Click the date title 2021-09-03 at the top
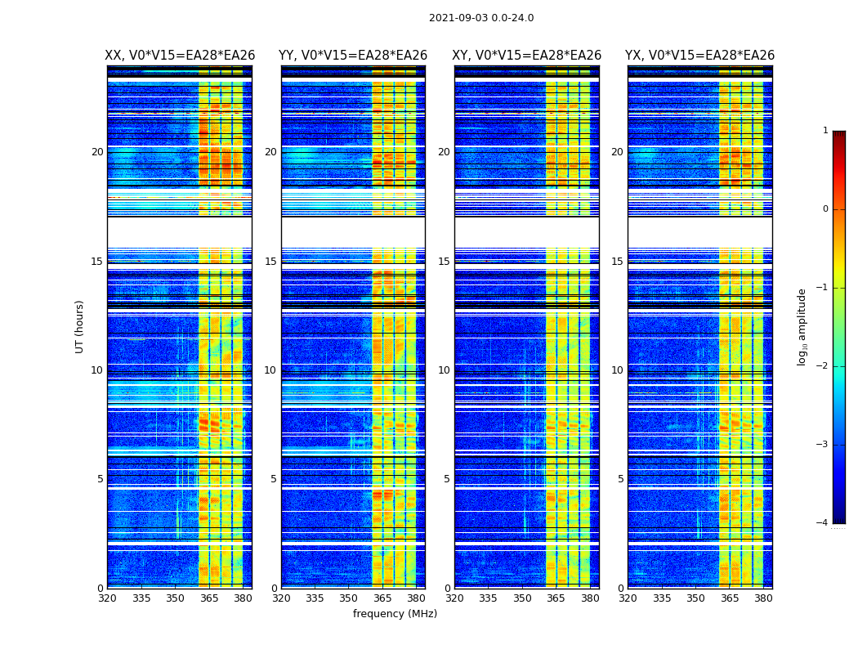[481, 18]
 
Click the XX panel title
[180, 56]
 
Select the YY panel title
[353, 56]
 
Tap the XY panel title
[527, 56]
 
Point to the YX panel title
[699, 56]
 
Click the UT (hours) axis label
[79, 326]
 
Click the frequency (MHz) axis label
[395, 614]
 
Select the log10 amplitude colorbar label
[802, 326]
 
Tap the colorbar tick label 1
[825, 131]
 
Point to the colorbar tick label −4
[823, 523]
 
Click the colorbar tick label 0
[825, 209]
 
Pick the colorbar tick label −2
[823, 366]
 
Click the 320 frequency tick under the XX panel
[107, 598]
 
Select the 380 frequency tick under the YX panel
[763, 598]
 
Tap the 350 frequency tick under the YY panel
[349, 598]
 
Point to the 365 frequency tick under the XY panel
[556, 598]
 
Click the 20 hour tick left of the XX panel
[97, 152]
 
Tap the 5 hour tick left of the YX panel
[620, 479]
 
